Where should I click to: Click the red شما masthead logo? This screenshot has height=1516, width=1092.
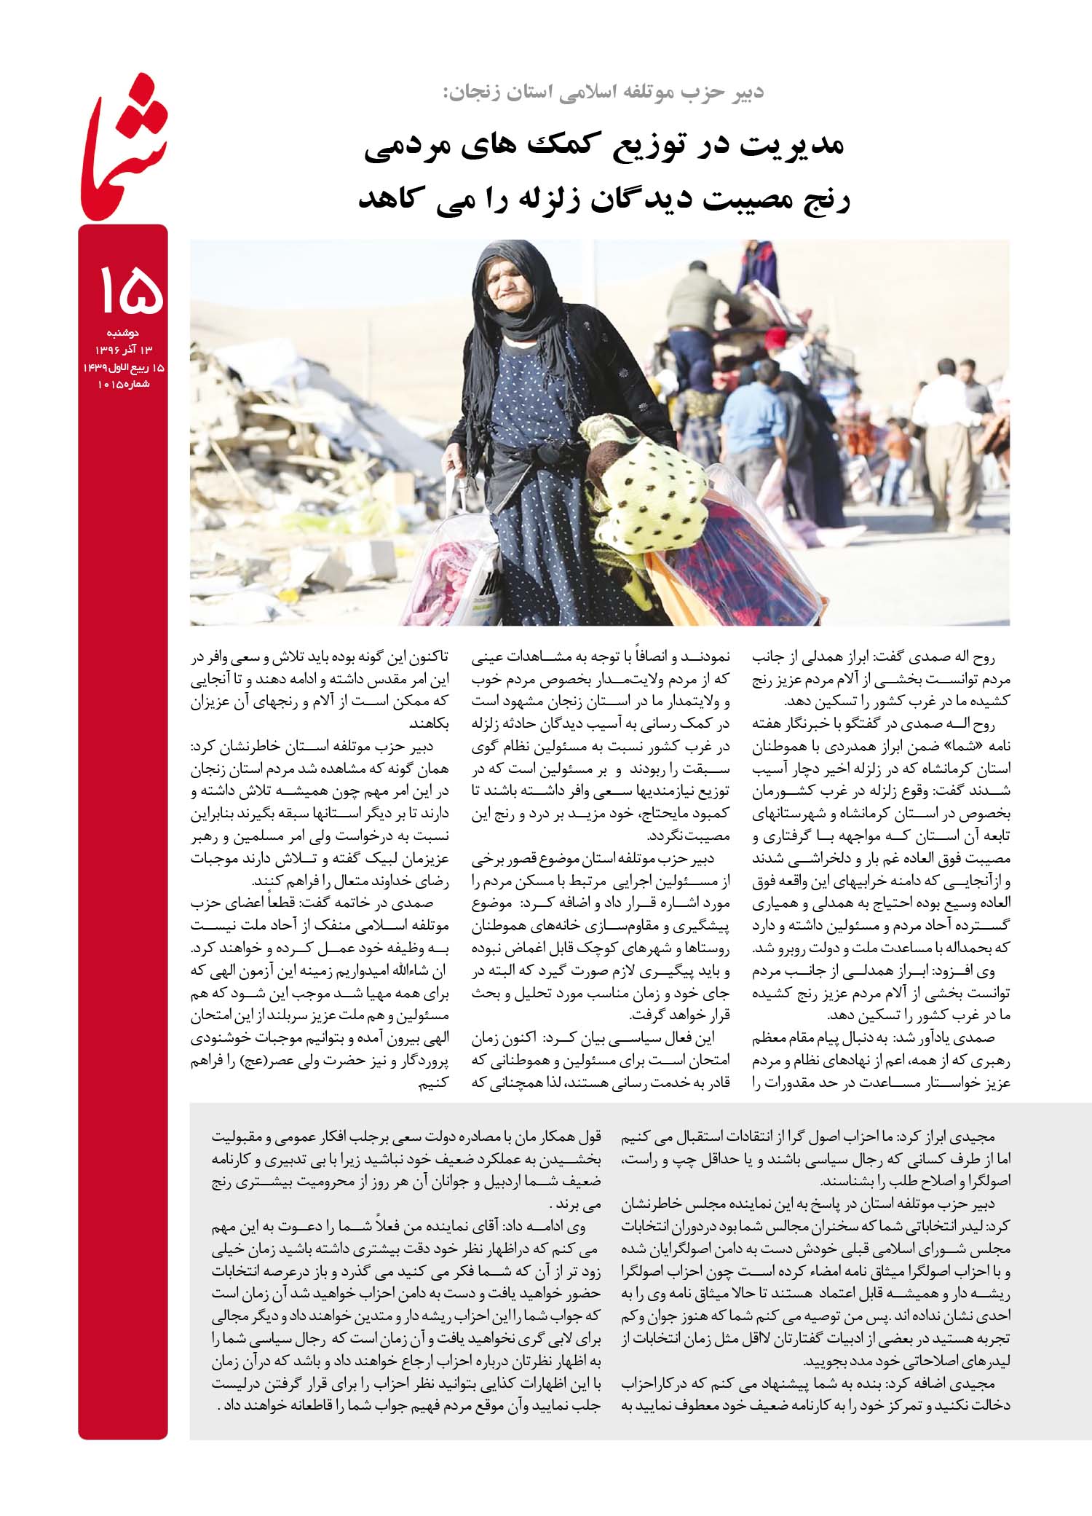tap(124, 146)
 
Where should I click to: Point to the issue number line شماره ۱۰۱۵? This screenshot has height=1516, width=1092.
tap(122, 383)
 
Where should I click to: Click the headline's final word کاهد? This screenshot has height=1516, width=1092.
tap(392, 198)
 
